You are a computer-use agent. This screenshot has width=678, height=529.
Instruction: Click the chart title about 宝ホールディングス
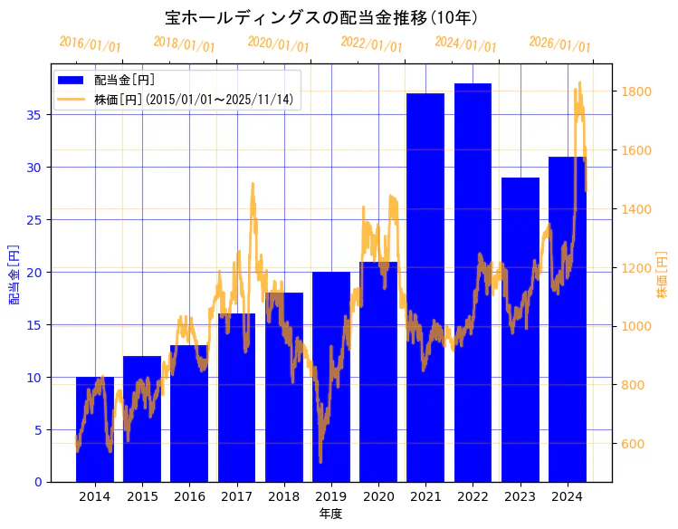pyautogui.click(x=321, y=17)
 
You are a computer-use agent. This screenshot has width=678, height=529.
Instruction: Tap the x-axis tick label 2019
pyautogui.click(x=330, y=496)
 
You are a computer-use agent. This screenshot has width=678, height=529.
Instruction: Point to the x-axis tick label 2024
pyautogui.click(x=567, y=496)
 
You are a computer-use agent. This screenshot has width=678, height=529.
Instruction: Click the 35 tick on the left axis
pyautogui.click(x=34, y=115)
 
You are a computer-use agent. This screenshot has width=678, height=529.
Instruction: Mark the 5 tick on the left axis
pyautogui.click(x=38, y=429)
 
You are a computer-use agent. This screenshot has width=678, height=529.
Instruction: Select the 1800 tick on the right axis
pyautogui.click(x=634, y=91)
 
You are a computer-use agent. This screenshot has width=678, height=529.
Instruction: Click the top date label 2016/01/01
pyautogui.click(x=90, y=44)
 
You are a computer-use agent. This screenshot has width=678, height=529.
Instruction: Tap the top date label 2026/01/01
pyautogui.click(x=559, y=44)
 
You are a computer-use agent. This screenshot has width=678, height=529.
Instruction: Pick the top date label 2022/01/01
pyautogui.click(x=371, y=44)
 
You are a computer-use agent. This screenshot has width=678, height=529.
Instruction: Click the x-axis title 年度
pyautogui.click(x=330, y=514)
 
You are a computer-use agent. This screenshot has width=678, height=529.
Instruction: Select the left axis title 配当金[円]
pyautogui.click(x=14, y=274)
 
